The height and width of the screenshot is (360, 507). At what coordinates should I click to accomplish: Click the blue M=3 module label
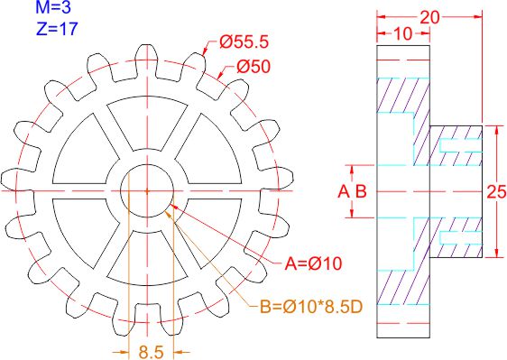coord(53,7)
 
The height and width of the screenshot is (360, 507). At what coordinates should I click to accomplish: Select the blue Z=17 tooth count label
coord(57,29)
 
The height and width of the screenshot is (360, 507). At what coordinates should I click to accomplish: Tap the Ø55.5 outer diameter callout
coord(244,42)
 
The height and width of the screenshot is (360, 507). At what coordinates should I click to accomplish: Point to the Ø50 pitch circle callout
coord(253,67)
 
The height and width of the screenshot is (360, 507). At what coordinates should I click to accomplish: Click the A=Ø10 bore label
coord(313,264)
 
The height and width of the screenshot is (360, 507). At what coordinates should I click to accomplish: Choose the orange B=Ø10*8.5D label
coord(312,307)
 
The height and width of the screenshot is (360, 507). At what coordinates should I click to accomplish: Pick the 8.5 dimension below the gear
coord(152,352)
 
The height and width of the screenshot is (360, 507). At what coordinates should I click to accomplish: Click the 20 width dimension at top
coord(429,17)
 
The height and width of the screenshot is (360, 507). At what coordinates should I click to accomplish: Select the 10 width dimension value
coord(403,33)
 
